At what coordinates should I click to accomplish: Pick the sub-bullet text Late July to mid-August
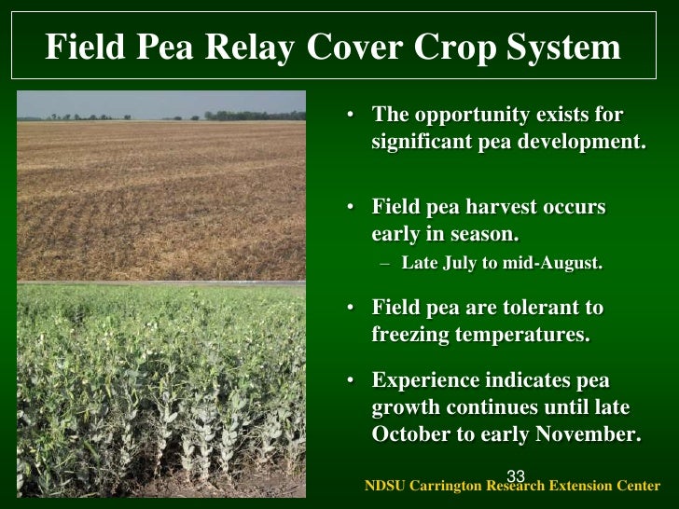[502, 263]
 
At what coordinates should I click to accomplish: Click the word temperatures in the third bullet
[533, 336]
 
